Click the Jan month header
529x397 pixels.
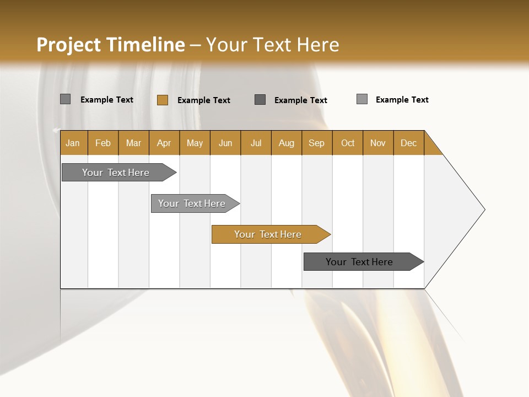73,143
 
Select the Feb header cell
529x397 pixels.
103,143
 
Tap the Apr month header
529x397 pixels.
164,143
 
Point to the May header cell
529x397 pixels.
195,143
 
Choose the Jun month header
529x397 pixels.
225,143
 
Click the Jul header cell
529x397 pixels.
256,143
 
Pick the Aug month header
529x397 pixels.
287,143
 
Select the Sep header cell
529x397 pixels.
317,143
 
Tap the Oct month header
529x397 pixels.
348,143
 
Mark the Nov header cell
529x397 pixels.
378,143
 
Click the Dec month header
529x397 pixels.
409,143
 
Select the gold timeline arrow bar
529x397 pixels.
268,234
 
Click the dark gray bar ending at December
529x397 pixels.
361,262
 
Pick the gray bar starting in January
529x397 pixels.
116,173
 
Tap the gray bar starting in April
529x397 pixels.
192,203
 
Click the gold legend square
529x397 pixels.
162,100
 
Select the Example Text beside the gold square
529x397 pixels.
204,100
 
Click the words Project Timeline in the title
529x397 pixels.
111,45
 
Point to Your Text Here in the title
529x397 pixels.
272,45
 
